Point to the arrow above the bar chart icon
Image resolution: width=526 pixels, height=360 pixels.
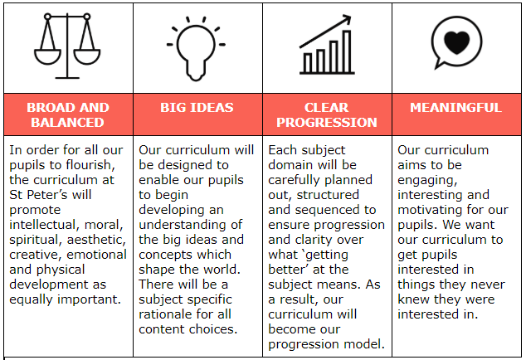[325, 32]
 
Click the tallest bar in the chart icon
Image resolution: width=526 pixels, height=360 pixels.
[347, 51]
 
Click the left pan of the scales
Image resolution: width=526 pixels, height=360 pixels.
[47, 56]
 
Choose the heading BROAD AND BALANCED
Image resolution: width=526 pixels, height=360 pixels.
[68, 114]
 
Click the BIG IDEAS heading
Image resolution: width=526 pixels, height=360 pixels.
[197, 107]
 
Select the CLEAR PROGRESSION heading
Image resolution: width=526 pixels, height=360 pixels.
[327, 114]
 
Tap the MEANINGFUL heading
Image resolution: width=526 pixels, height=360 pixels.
[455, 107]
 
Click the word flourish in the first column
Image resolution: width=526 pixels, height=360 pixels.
[90, 165]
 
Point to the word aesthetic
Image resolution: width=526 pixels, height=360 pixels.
[96, 240]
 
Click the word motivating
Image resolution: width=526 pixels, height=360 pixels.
[428, 211]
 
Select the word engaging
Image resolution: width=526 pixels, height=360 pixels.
[427, 181]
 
